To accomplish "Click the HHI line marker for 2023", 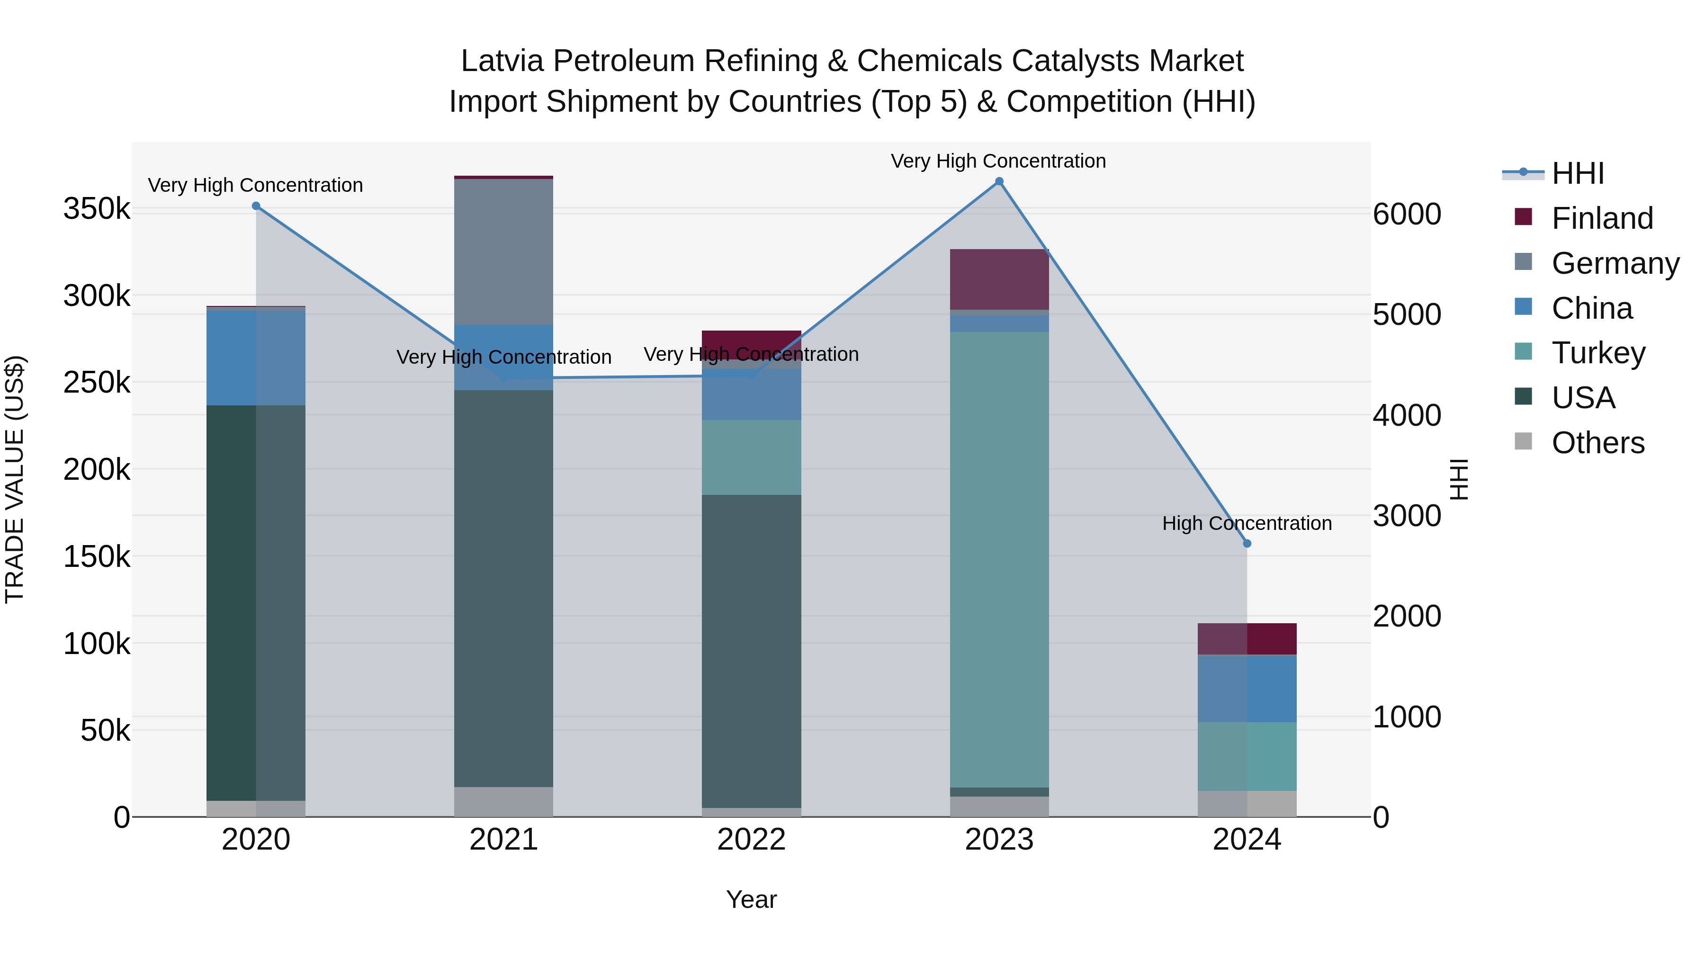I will point(999,181).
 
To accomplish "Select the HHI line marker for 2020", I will point(256,206).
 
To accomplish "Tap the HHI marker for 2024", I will point(1247,543).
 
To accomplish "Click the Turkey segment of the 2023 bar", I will point(999,559).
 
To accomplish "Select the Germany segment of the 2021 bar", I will point(504,251).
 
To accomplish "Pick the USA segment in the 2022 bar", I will point(751,651).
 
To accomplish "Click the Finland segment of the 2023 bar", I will point(999,279).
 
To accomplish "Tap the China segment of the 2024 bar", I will point(1247,688).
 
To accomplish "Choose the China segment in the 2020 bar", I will point(256,358).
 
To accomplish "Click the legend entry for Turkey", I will point(1598,353).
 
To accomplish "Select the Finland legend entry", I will point(1602,218).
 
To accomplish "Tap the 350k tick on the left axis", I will point(97,209).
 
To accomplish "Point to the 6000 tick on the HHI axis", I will point(1407,215).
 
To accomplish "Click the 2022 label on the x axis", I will point(751,840).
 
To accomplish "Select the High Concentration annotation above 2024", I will point(1247,523).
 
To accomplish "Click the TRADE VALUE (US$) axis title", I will point(15,479).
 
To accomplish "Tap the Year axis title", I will point(751,899).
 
